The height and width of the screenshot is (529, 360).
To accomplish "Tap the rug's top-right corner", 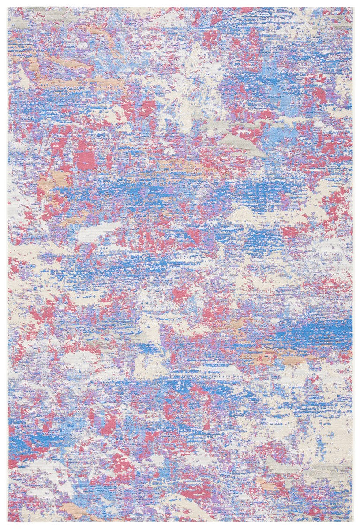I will [x=352, y=7].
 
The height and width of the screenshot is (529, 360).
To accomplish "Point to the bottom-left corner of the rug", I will [x=8, y=522].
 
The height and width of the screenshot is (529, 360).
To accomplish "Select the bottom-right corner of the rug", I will [x=352, y=522].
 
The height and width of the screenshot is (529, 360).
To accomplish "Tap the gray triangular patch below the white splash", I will [x=240, y=143].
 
